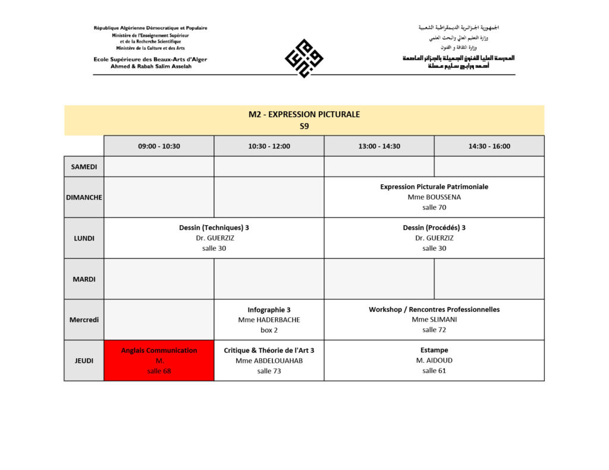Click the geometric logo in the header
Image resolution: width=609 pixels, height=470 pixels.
tap(304, 58)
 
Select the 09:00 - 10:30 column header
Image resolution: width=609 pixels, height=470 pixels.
tap(159, 146)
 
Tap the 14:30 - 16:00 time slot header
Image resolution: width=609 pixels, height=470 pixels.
tap(489, 146)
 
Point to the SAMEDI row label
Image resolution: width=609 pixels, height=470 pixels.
tap(84, 166)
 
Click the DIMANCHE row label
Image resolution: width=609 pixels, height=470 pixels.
tap(84, 197)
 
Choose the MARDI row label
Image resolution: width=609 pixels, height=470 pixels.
tap(84, 279)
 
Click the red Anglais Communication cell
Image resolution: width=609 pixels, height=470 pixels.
tap(159, 361)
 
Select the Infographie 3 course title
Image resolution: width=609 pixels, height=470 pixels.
tap(269, 310)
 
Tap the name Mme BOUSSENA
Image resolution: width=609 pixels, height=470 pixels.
tap(434, 197)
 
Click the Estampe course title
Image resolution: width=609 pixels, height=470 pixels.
tap(434, 350)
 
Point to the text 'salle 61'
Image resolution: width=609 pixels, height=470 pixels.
tap(434, 371)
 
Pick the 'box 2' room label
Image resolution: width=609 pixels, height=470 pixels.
tap(269, 330)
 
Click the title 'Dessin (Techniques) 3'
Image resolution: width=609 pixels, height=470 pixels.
tap(214, 228)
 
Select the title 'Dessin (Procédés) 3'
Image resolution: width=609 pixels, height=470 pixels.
tap(434, 228)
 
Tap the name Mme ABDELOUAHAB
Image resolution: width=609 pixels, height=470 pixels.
tap(269, 361)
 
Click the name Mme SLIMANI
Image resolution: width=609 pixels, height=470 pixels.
tap(434, 320)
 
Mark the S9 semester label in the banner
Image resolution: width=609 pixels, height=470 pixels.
tap(304, 126)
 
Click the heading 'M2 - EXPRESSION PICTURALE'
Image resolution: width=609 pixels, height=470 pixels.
tap(304, 114)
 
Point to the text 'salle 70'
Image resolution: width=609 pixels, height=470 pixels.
tap(434, 207)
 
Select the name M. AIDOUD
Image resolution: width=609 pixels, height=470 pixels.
tap(434, 361)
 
